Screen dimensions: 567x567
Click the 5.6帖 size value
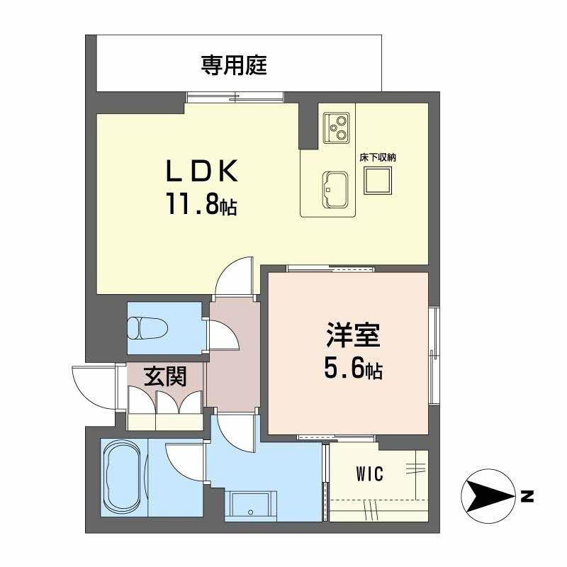pyautogui.click(x=352, y=368)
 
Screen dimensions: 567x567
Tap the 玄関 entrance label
pyautogui.click(x=165, y=377)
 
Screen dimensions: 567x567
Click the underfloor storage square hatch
pyautogui.click(x=377, y=184)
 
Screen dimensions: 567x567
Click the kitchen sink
pyautogui.click(x=335, y=188)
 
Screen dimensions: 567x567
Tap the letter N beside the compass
pyautogui.click(x=527, y=496)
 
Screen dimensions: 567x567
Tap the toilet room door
pyautogui.click(x=223, y=333)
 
